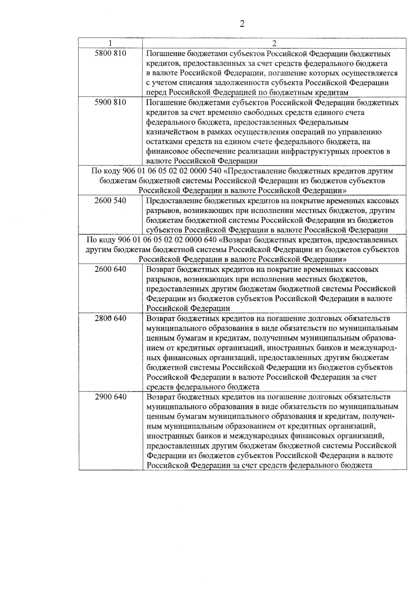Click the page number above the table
pyautogui.click(x=242, y=24)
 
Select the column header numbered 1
pyautogui.click(x=110, y=43)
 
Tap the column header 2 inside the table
pyautogui.click(x=274, y=43)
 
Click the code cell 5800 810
pyautogui.click(x=110, y=53)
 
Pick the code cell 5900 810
pyautogui.click(x=110, y=103)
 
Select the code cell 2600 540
pyautogui.click(x=110, y=201)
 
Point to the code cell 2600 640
pyautogui.click(x=110, y=269)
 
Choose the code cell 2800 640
pyautogui.click(x=110, y=318)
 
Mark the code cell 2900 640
pyautogui.click(x=110, y=397)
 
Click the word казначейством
pyautogui.click(x=171, y=132)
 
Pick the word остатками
pyautogui.click(x=164, y=142)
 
